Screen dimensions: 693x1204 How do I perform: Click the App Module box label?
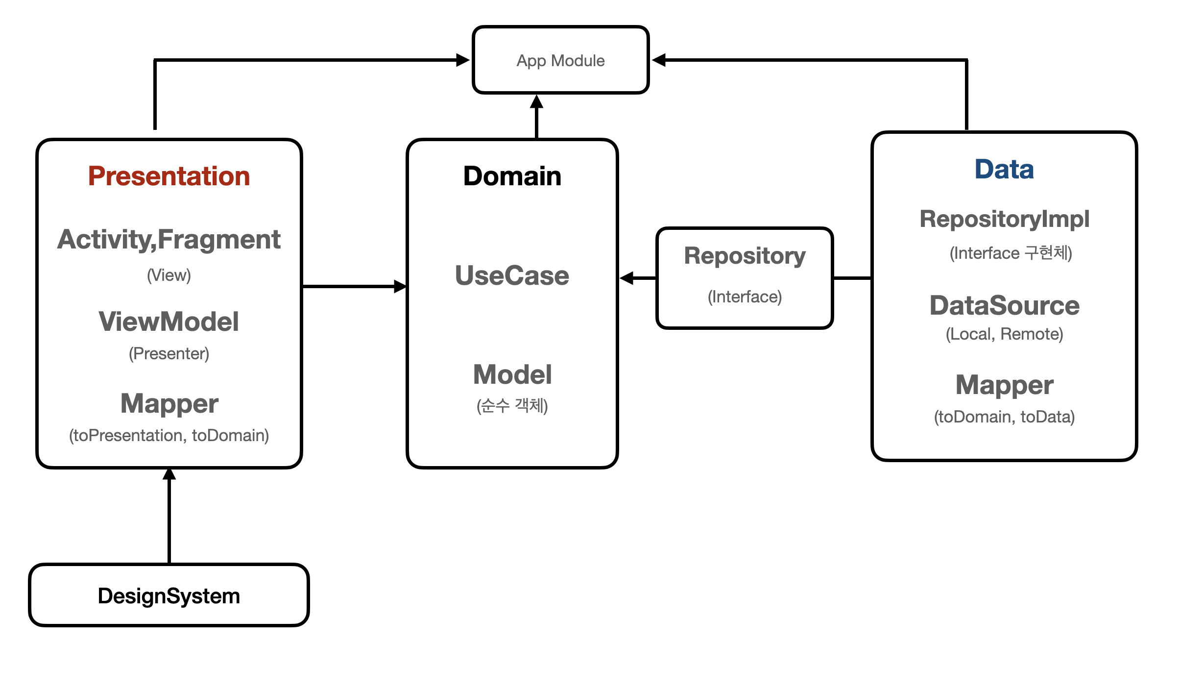click(560, 61)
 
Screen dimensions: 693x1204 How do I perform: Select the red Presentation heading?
click(169, 176)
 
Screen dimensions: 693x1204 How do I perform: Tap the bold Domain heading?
click(512, 176)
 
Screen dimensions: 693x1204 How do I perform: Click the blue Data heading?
click(1004, 170)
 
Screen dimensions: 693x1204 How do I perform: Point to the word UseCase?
click(512, 275)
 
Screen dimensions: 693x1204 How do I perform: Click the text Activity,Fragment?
click(169, 240)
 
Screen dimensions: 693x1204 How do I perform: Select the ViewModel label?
click(169, 322)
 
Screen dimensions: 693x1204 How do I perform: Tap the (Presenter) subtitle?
click(169, 353)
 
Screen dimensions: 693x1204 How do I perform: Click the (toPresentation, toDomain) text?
click(169, 435)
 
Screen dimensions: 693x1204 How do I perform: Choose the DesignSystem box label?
click(169, 596)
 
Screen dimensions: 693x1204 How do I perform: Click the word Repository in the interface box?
click(745, 256)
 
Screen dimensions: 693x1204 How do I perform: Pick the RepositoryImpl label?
click(1004, 219)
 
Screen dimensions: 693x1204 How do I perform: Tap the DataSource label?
click(1004, 306)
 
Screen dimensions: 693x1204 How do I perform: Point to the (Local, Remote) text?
click(1004, 334)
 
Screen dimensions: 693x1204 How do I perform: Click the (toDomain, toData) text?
click(1004, 417)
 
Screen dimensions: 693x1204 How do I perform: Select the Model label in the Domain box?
click(512, 374)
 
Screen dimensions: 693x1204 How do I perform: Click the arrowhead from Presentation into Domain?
click(400, 286)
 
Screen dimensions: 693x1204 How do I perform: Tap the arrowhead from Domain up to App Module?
click(537, 102)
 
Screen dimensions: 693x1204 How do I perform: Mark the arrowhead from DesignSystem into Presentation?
click(169, 474)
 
